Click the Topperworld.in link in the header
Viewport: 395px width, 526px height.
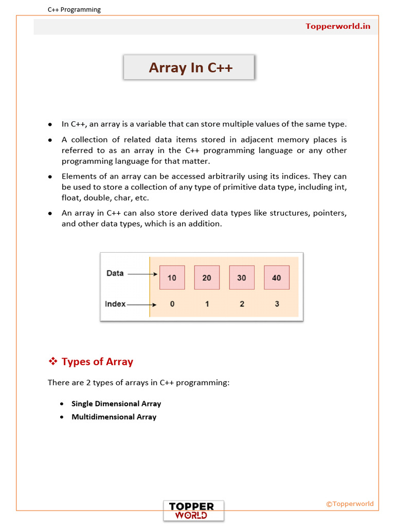tap(337, 26)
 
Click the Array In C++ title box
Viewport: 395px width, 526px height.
tap(189, 67)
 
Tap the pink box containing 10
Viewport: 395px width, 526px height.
tap(172, 277)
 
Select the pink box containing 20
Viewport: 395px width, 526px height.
tap(207, 277)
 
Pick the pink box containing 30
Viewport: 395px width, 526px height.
tap(242, 277)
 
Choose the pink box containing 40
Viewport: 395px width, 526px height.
tap(277, 277)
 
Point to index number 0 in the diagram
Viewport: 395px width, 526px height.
tap(172, 304)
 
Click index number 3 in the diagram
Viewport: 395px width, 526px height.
tap(277, 304)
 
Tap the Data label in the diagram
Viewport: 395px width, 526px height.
tap(115, 273)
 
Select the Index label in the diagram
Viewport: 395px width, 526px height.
tap(115, 304)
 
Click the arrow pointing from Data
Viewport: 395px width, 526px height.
tap(142, 274)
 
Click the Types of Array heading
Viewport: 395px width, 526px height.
tap(97, 362)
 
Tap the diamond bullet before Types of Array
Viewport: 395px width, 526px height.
tap(52, 362)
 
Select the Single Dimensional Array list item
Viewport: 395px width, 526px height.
tap(116, 404)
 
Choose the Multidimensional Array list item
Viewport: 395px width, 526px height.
tap(114, 417)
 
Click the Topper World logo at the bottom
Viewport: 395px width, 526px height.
tap(194, 511)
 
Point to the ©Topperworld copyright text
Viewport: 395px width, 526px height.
tap(350, 504)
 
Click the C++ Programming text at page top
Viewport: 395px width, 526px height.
tap(74, 9)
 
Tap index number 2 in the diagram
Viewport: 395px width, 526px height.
tap(242, 304)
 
